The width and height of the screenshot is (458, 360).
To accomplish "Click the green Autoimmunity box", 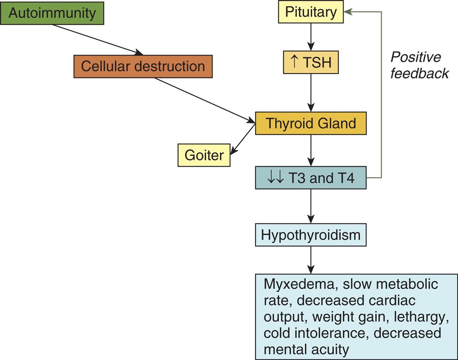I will coord(52,13).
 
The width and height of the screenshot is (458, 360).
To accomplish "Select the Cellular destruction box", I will coord(143,66).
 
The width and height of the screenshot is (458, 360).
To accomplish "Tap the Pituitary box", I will coord(311,12).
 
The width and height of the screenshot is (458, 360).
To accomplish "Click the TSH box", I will coord(311,62).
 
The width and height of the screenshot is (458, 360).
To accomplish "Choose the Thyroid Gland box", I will coord(311,123).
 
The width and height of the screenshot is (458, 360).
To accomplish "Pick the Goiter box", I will coord(204,155).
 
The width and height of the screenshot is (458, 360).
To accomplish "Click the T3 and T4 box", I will coord(311,178).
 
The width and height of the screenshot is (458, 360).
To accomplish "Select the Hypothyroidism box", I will coord(311,235).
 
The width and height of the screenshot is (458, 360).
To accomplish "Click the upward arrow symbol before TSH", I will coord(294,62).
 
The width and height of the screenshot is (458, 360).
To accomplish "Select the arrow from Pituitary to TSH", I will coord(311,37).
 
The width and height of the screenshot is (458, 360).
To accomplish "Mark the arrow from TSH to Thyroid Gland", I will coord(311,93).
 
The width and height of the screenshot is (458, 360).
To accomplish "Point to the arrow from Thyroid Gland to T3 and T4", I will coord(311,151).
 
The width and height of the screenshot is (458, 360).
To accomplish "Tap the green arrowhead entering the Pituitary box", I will coord(348,12).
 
